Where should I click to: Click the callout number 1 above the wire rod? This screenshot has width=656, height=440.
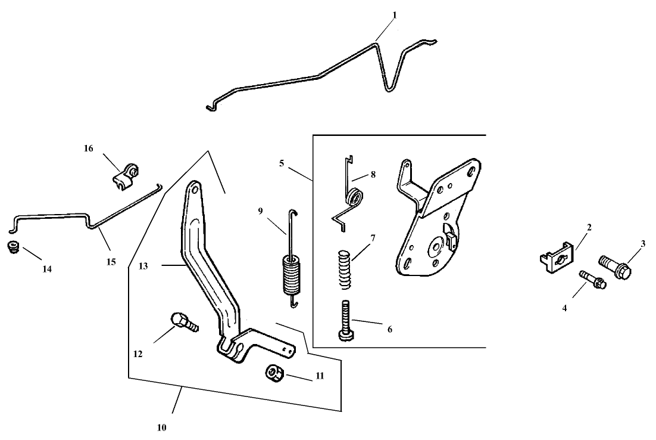coord(394,14)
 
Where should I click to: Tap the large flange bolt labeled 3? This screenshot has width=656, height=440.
coord(614,267)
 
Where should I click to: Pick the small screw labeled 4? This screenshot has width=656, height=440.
coord(591,279)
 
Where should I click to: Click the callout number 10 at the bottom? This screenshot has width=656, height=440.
coord(162,427)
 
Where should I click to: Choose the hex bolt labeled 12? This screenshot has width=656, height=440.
coord(183,322)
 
